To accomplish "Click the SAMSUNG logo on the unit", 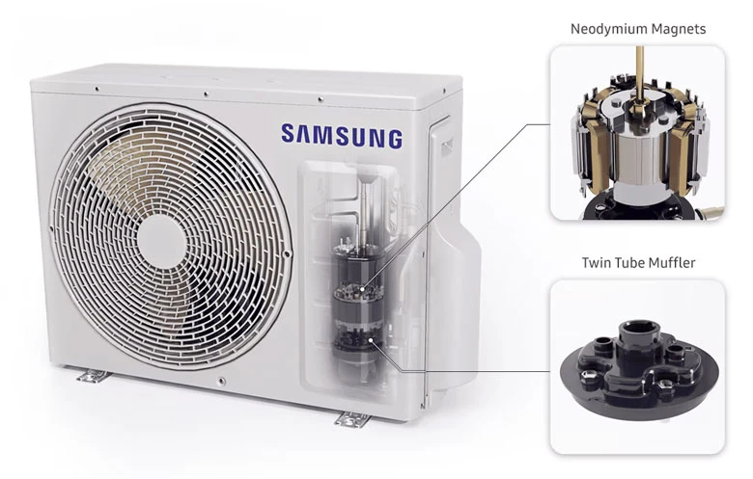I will coord(341,136).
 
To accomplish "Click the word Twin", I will coord(596,262).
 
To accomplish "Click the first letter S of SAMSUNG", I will coord(288,136).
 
